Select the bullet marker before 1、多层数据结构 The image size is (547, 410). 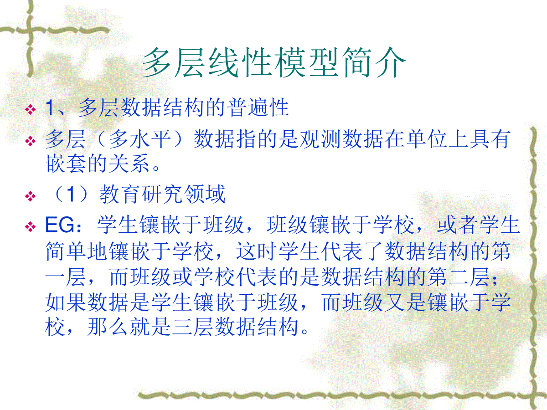pos(31,109)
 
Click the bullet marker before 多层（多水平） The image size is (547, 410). pos(31,141)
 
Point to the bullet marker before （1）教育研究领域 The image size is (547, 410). pos(31,196)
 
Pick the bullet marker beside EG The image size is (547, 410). pos(31,227)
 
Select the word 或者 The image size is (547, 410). pos(458,225)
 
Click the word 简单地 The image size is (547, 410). pos(76,251)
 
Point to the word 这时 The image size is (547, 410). pos(257,251)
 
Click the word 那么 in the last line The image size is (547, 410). pos(108,327)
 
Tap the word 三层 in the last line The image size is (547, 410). pos(192,327)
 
